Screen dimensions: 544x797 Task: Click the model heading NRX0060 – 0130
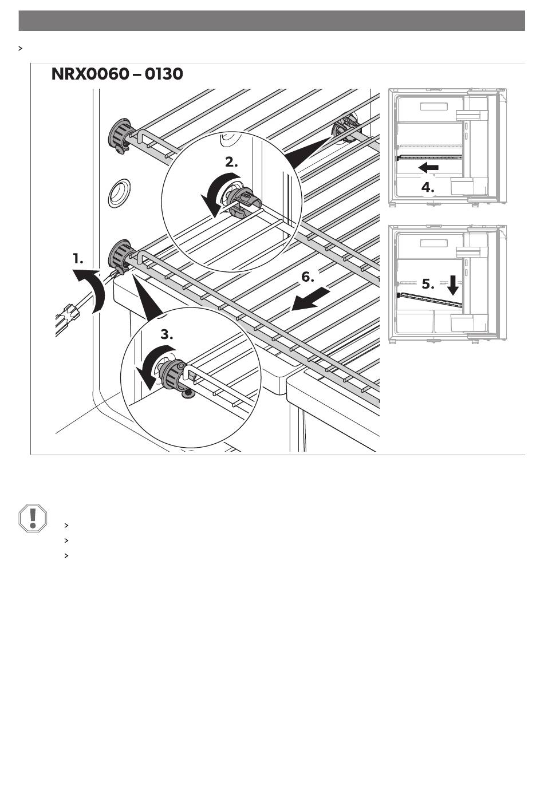[x=117, y=74]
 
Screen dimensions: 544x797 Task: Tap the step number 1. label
[x=78, y=259]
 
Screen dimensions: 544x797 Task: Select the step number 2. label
[x=231, y=162]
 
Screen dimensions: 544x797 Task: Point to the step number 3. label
[x=167, y=334]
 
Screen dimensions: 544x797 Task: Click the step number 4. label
[x=427, y=187]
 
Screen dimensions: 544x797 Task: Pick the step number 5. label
[x=428, y=284]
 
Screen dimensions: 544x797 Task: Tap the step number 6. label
[x=308, y=277]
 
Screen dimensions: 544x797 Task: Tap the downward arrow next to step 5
[x=453, y=285]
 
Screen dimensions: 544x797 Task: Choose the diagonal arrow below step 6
[x=310, y=299]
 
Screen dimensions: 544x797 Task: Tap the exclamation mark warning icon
[x=33, y=518]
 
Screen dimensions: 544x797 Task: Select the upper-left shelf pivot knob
[x=120, y=136]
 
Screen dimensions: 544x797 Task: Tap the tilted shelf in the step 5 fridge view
[x=429, y=299]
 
